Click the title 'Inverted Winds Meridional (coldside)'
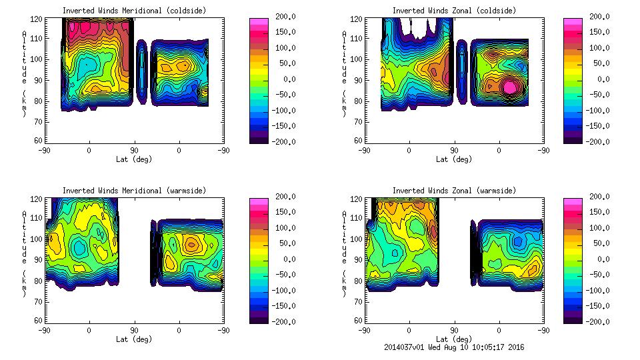(x=134, y=11)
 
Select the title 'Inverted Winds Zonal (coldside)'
(x=454, y=11)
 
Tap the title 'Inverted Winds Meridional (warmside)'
(x=134, y=191)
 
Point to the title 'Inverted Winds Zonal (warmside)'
(x=454, y=191)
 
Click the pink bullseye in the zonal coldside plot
(x=510, y=87)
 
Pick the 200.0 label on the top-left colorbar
(x=283, y=17)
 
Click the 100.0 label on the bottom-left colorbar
(x=283, y=228)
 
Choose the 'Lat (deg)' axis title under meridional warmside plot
(x=134, y=339)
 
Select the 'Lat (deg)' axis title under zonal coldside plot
(x=454, y=159)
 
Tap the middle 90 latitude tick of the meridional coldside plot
(x=134, y=151)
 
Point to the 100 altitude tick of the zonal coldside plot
(x=357, y=59)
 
